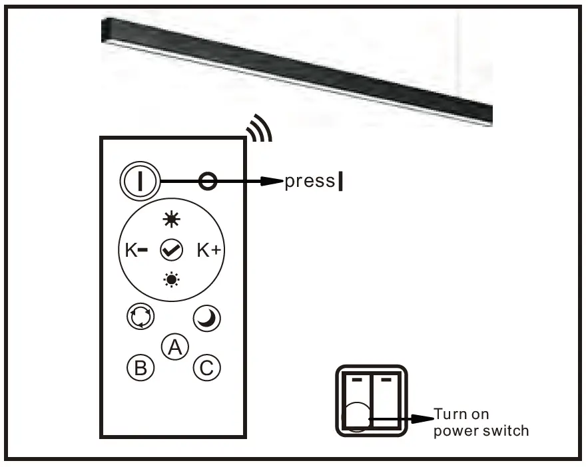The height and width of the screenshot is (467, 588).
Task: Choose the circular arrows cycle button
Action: click(x=137, y=318)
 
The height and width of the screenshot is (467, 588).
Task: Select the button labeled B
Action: click(x=141, y=367)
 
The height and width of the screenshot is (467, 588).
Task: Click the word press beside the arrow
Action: click(x=309, y=182)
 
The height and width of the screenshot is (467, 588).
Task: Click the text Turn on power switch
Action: click(x=481, y=422)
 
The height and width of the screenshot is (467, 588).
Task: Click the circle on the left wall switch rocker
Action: click(x=357, y=417)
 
